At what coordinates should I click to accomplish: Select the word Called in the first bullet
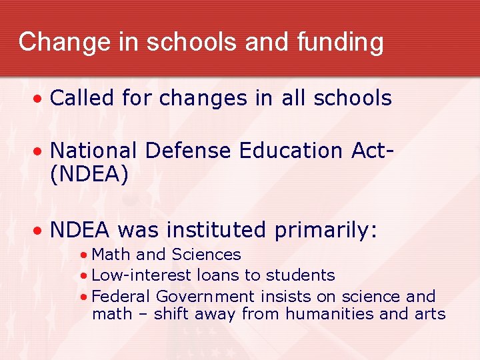82,99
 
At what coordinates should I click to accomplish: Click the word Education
288,151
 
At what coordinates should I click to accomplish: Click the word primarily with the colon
326,231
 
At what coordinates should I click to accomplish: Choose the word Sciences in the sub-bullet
206,255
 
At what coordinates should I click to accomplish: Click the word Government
205,297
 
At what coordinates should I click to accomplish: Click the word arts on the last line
431,314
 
